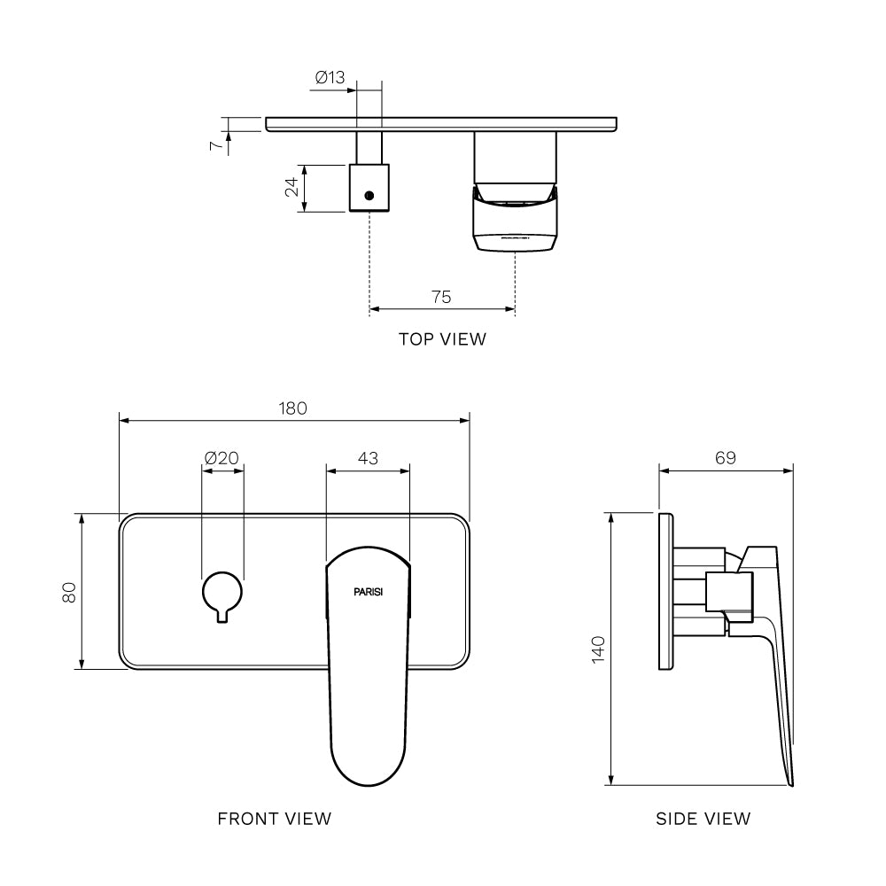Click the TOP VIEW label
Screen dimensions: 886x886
442,338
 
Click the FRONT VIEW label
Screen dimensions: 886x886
275,819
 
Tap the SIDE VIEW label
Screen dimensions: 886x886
703,819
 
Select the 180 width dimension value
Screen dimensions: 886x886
293,408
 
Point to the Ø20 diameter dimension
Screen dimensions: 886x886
221,458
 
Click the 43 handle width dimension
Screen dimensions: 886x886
368,458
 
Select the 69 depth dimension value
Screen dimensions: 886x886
725,458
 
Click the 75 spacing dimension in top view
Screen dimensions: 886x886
441,297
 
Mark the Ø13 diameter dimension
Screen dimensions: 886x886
330,78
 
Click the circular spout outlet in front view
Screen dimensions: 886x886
221,592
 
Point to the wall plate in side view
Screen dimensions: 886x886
665,591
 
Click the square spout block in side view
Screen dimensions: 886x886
729,591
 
